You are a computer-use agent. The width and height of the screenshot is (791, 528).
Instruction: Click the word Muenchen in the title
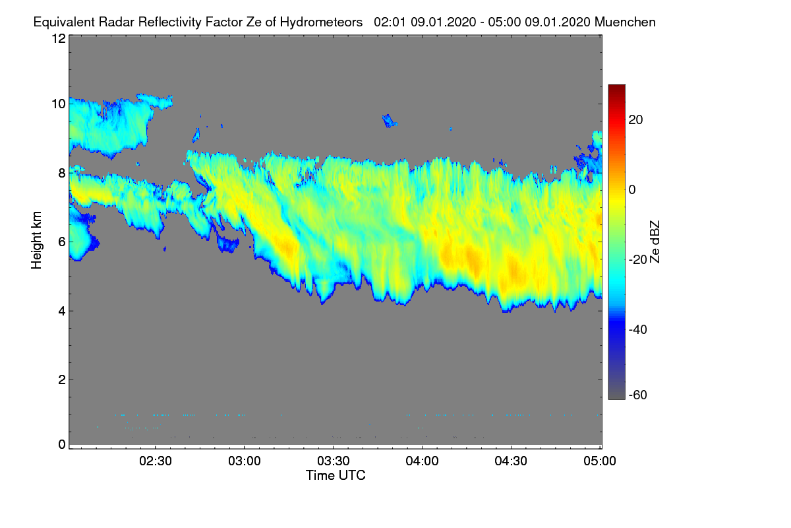pyautogui.click(x=625, y=22)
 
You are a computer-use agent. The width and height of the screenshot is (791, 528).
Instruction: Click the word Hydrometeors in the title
pyautogui.click(x=322, y=22)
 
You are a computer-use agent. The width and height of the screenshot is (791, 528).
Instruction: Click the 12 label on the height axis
pyautogui.click(x=58, y=38)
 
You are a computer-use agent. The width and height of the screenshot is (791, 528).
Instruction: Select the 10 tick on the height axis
pyautogui.click(x=58, y=104)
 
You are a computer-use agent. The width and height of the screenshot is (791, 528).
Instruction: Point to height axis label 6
pyautogui.click(x=61, y=242)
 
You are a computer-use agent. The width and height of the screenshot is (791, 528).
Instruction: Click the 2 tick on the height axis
pyautogui.click(x=61, y=379)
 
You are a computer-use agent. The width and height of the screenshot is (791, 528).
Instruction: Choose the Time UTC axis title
pyautogui.click(x=336, y=475)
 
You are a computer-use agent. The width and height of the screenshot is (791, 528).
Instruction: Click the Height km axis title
pyautogui.click(x=37, y=240)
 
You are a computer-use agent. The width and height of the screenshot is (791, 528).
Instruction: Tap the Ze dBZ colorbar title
pyautogui.click(x=655, y=241)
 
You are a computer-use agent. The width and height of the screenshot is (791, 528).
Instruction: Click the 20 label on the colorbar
pyautogui.click(x=636, y=119)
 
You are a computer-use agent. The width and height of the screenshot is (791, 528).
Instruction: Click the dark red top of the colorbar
pyautogui.click(x=616, y=88)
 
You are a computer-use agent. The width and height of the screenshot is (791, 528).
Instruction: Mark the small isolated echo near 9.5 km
pyautogui.click(x=390, y=121)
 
